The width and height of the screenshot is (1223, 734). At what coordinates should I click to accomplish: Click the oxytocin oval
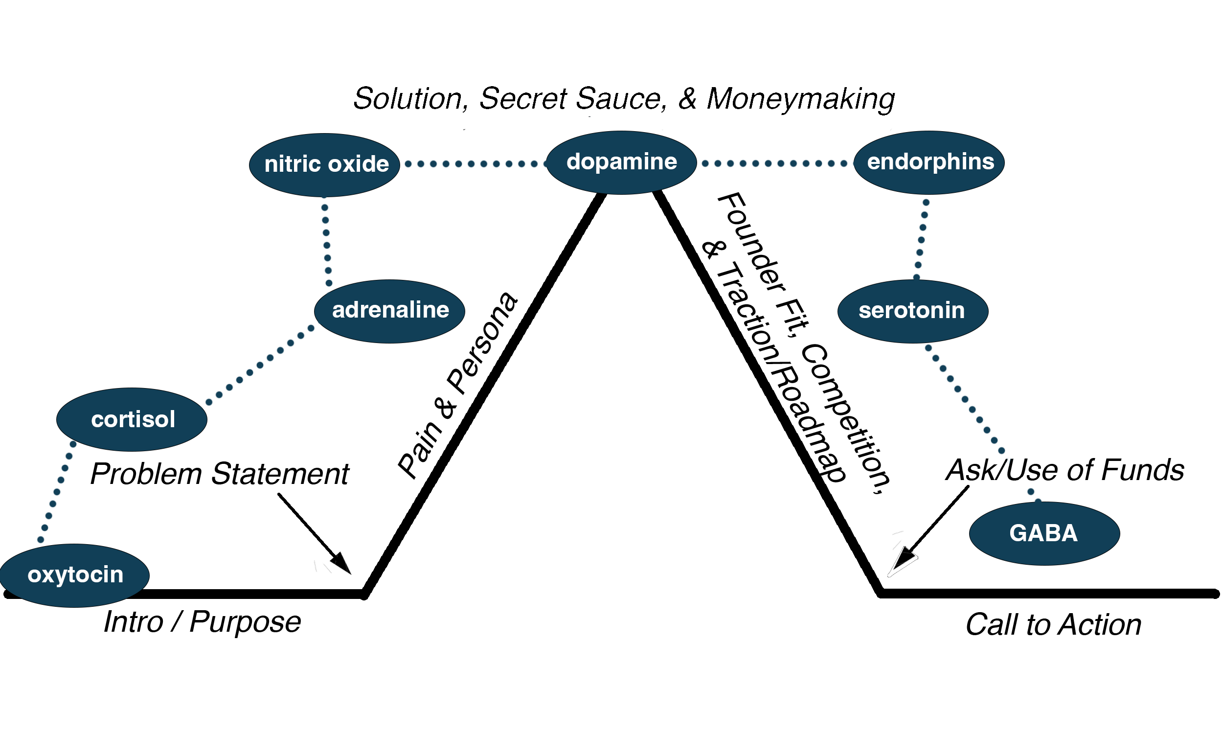click(75, 575)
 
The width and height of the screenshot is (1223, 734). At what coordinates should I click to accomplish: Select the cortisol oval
click(132, 419)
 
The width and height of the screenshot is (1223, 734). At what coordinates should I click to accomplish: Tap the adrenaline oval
click(389, 311)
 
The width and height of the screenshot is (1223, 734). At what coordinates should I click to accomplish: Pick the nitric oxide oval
click(324, 164)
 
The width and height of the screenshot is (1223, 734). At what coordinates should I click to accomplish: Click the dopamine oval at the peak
click(621, 162)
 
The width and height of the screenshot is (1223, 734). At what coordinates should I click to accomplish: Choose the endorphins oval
click(929, 162)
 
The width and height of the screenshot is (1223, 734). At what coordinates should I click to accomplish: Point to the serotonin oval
click(912, 311)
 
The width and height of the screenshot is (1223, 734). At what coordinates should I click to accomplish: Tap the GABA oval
click(1044, 533)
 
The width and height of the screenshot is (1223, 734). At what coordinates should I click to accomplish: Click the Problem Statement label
click(220, 474)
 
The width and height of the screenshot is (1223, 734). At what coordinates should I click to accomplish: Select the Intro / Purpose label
click(202, 622)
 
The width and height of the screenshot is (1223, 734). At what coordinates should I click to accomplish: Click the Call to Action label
click(1053, 625)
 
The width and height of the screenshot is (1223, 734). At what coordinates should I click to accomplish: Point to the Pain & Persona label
click(457, 386)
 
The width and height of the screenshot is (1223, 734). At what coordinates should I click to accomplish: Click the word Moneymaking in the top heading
click(800, 99)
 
